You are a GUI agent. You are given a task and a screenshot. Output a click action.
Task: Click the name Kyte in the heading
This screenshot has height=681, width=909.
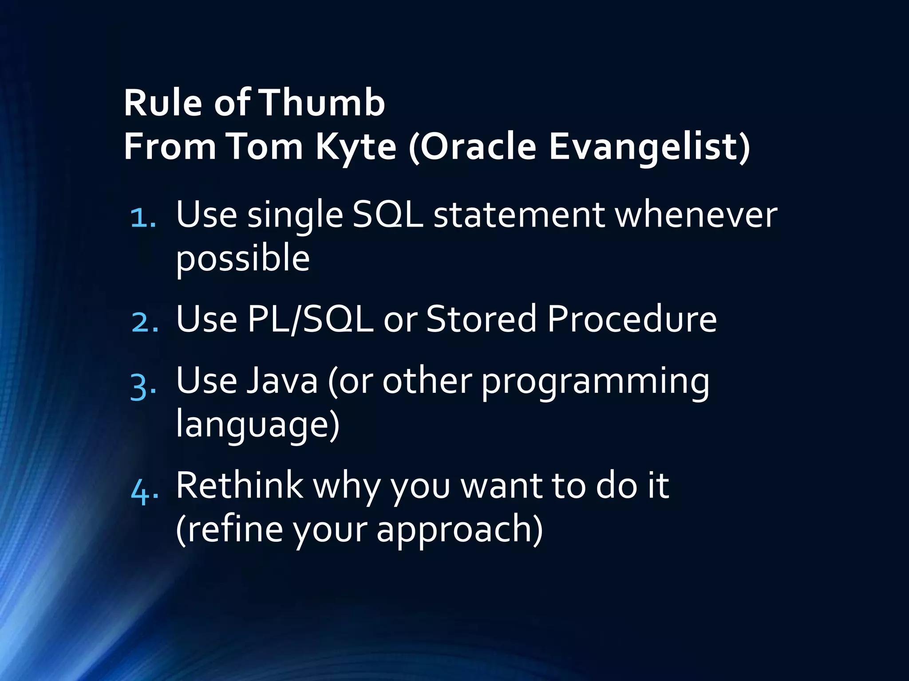coord(356,147)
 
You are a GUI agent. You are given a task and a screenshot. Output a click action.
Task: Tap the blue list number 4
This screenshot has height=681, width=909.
coord(144,490)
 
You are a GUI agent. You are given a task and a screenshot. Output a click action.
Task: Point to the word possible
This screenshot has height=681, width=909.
coord(243,258)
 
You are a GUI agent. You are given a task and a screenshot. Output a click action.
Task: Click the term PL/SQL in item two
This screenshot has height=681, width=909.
coord(310,319)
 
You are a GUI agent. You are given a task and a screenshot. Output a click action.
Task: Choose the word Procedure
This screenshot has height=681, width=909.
coord(632,319)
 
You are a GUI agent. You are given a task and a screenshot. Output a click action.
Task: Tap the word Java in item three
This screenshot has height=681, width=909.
coord(282,381)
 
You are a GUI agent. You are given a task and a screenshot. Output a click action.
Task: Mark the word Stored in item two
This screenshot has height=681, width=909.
coord(481,319)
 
